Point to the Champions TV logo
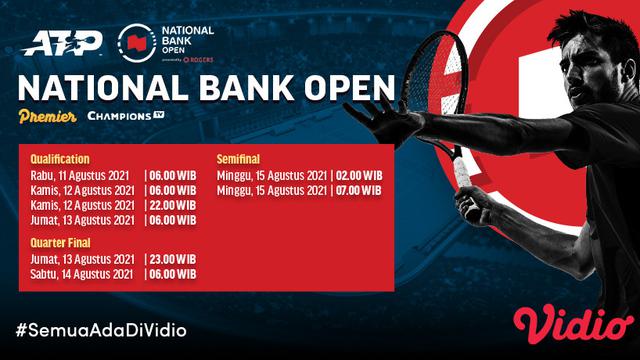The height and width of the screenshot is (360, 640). coord(125,117)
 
